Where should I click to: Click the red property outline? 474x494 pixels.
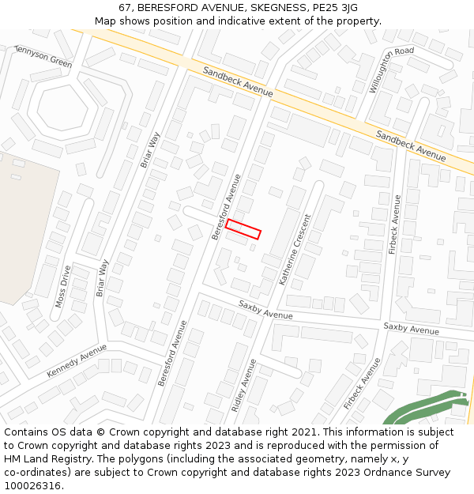tap(243, 229)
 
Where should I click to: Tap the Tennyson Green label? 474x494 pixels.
tap(43, 55)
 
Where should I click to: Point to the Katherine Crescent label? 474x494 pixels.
tap(295, 249)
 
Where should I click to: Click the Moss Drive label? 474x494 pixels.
tap(62, 286)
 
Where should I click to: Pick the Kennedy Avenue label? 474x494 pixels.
tap(77, 360)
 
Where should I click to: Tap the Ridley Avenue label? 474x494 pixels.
tap(243, 386)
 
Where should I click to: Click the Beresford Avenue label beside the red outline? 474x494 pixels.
tap(226, 207)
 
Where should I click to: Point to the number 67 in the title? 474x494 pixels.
tap(125, 8)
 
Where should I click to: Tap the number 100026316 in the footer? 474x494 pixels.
tap(32, 486)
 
